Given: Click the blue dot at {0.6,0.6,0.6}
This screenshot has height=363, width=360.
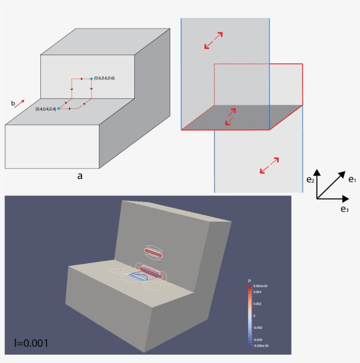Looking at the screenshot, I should click(x=91, y=78).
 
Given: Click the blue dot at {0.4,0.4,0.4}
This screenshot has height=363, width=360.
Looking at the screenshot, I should click(x=59, y=108).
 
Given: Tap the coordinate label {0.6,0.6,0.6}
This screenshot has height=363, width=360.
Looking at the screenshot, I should click(x=104, y=78).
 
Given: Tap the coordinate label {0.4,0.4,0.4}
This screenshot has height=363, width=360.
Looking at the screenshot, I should click(x=46, y=108).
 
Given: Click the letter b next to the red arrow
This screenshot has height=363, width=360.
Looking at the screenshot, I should click(x=13, y=104).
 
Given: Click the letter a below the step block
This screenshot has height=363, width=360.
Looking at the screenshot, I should click(x=80, y=176).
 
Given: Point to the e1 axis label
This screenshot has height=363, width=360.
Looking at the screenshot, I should click(x=352, y=179).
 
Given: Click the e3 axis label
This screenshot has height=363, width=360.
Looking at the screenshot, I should click(x=345, y=209).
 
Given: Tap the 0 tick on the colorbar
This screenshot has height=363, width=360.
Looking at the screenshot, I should click(x=255, y=315).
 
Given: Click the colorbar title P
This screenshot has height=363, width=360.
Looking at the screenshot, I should click(x=249, y=281).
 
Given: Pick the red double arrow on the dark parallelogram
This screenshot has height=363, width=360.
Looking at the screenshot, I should click(x=231, y=117).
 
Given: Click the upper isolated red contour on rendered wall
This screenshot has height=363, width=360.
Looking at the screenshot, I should click(x=154, y=252).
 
